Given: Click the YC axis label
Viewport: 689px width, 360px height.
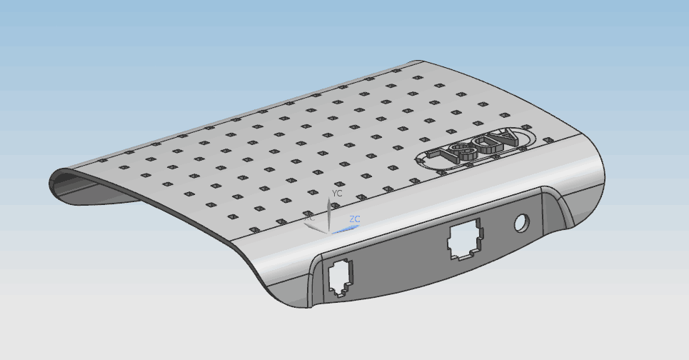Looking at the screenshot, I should (x=338, y=193).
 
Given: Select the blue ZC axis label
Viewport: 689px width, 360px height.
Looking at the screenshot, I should (x=355, y=219).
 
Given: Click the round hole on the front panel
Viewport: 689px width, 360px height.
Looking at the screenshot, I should (x=522, y=224).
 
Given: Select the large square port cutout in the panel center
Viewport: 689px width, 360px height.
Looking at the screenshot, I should (x=465, y=239).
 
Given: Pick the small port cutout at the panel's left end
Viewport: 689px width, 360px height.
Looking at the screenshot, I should (x=340, y=278).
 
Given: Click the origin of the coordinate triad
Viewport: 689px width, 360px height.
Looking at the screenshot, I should (x=329, y=231).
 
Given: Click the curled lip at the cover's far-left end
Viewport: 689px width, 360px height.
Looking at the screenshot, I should (x=57, y=179).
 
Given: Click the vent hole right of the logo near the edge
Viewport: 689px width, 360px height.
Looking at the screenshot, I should (x=548, y=141).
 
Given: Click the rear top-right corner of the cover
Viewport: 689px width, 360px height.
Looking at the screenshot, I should (x=421, y=63).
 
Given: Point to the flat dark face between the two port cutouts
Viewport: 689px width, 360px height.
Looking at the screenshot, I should (x=400, y=261).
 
